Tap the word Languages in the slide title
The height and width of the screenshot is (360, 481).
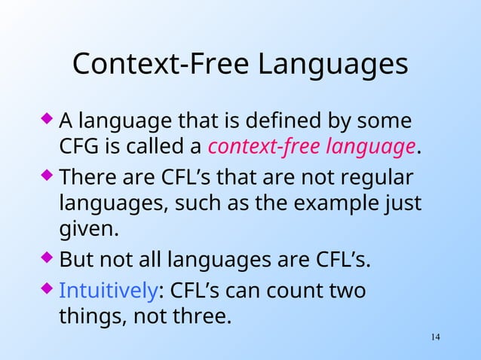click(x=332, y=66)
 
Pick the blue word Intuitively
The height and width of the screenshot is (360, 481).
click(x=108, y=290)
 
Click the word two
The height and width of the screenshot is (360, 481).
click(x=348, y=290)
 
